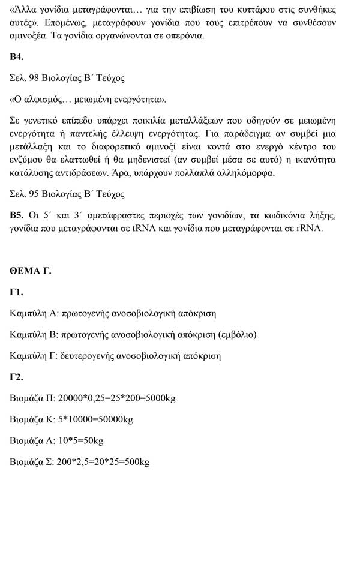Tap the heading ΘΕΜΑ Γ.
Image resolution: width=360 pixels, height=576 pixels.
point(30,271)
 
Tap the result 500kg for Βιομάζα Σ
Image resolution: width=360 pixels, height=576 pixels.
point(136,462)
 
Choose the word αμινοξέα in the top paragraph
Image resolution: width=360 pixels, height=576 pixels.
point(29,36)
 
